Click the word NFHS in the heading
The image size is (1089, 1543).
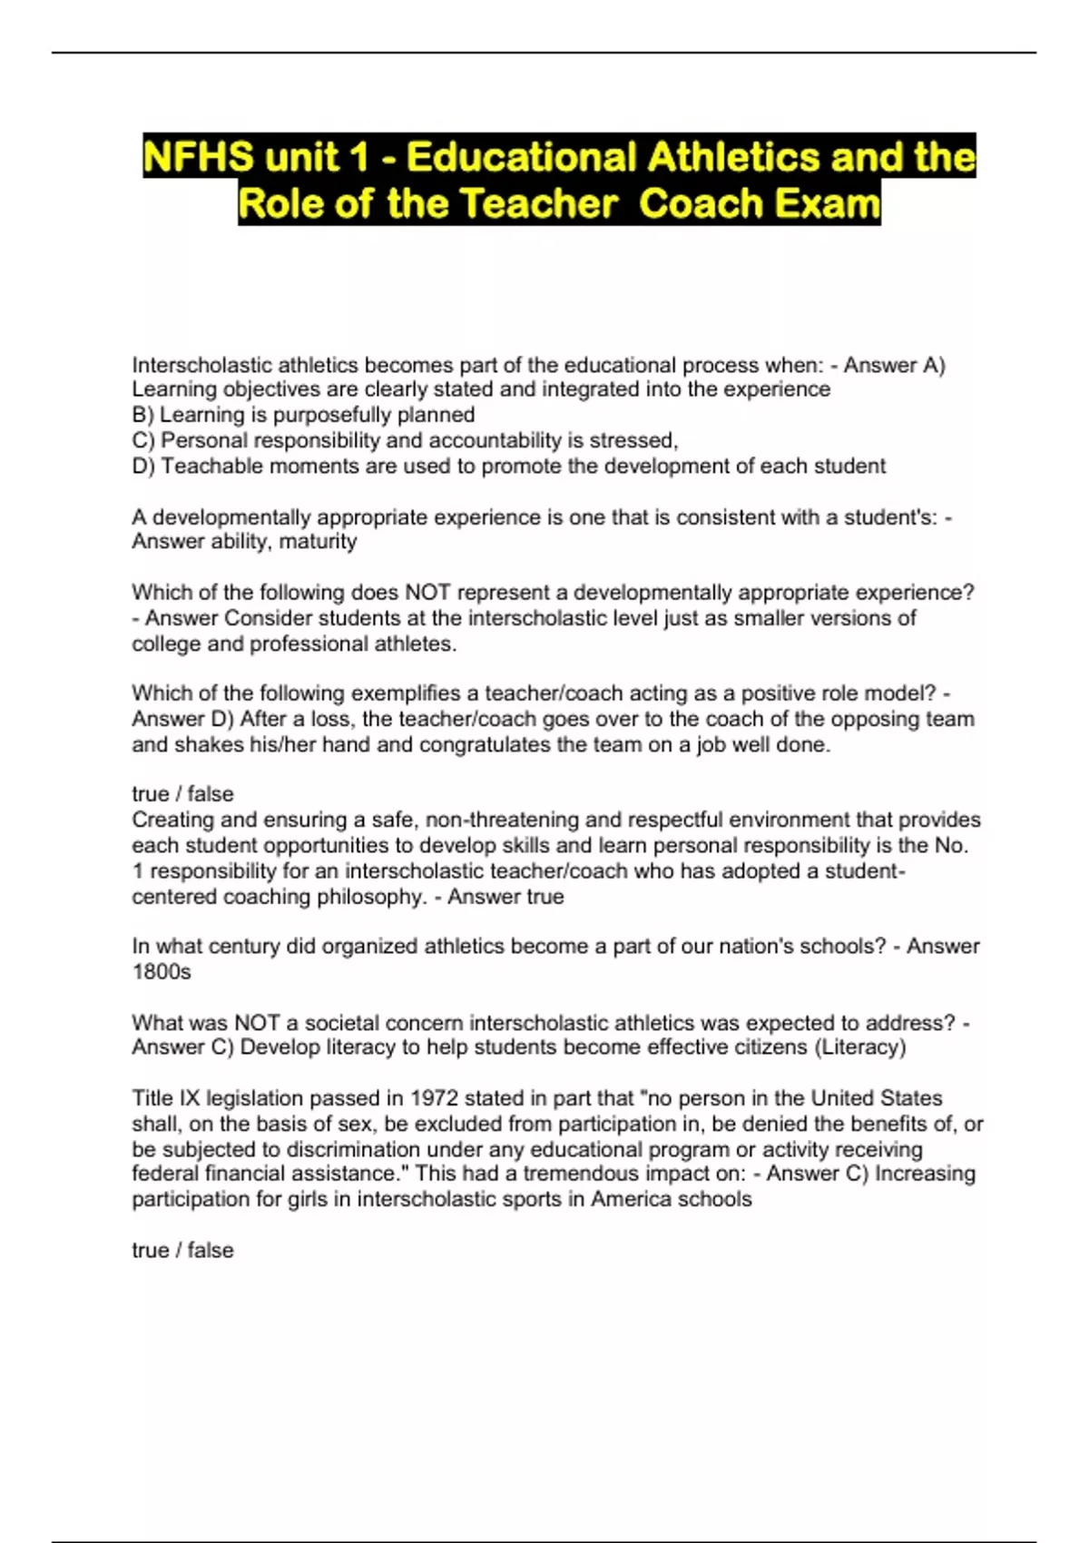click(199, 157)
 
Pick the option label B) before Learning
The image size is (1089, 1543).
click(143, 415)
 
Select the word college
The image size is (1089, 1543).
click(167, 644)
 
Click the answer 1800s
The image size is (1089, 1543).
click(162, 971)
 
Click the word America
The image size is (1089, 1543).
click(629, 1199)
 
